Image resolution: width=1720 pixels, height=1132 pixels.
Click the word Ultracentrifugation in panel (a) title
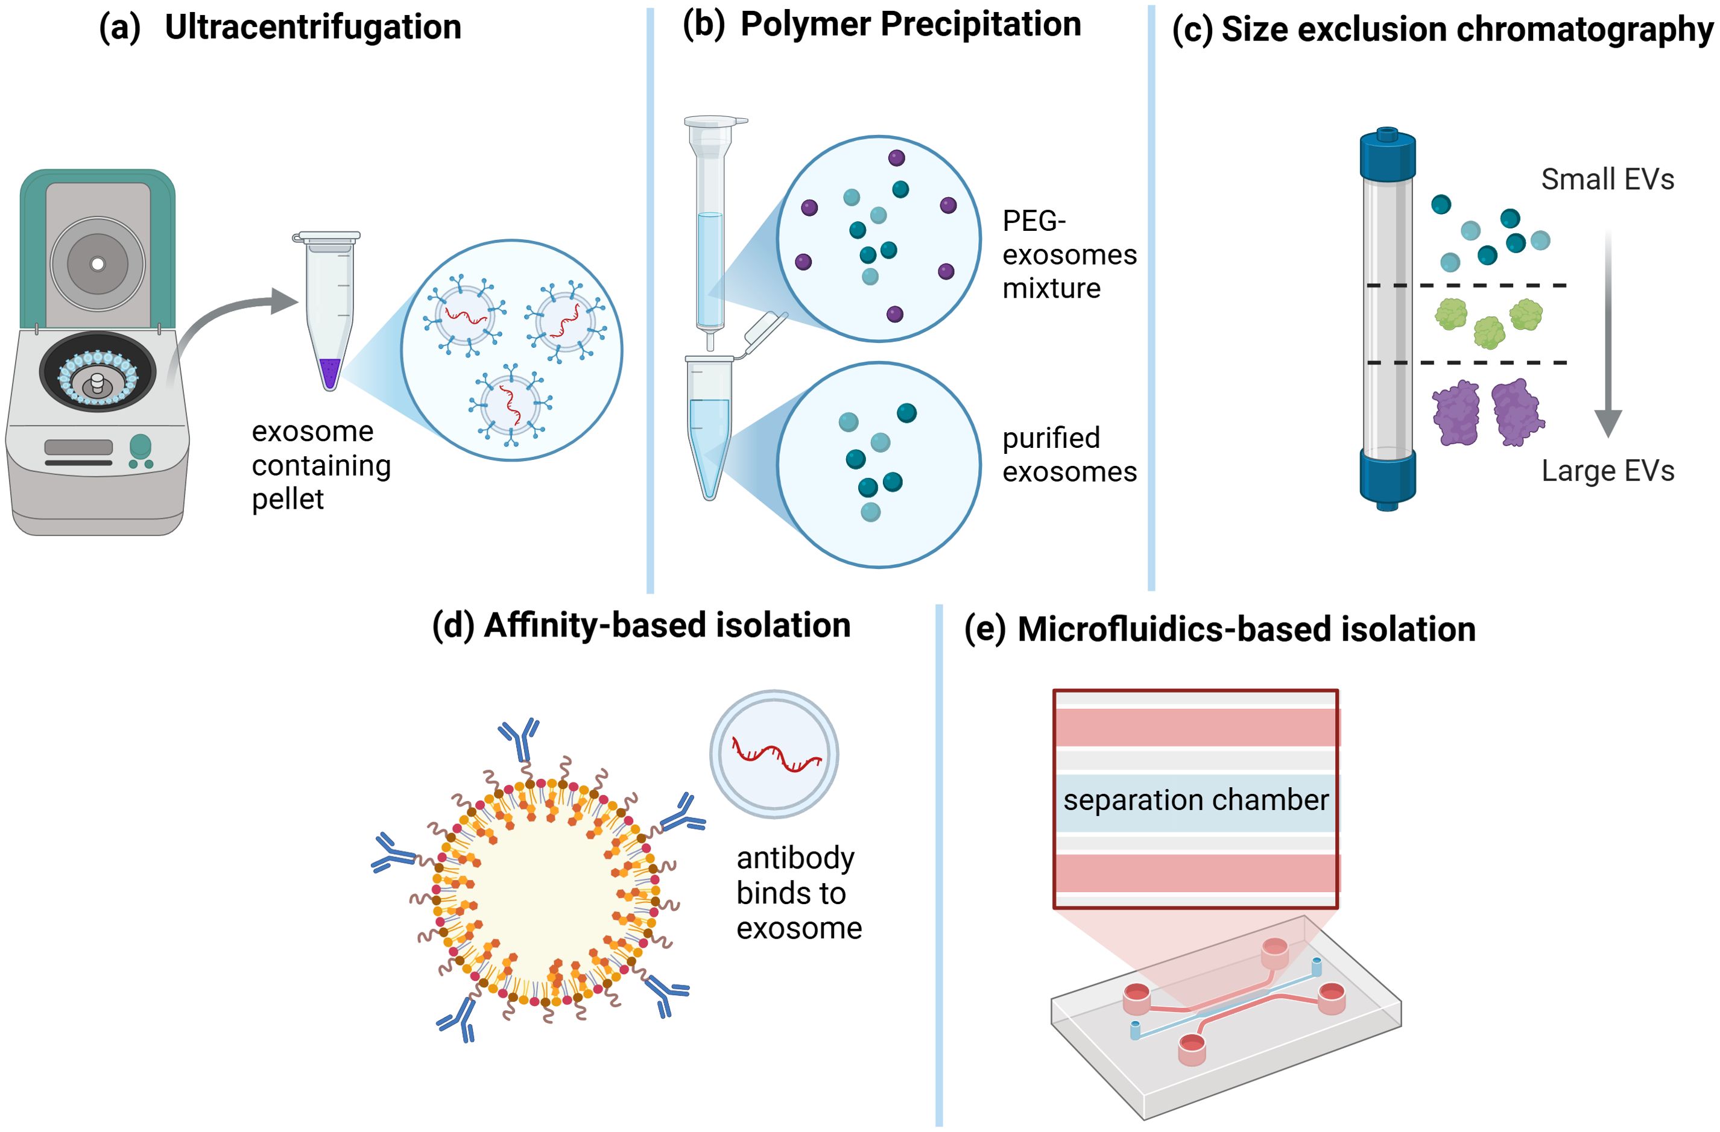[x=313, y=28]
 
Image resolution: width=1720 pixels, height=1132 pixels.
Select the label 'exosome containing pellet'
[x=320, y=465]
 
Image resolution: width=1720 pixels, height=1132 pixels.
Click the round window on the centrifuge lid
[x=98, y=263]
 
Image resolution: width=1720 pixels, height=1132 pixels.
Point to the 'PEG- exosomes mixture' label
[x=1068, y=254]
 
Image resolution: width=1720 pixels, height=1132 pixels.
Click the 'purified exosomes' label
[x=1068, y=454]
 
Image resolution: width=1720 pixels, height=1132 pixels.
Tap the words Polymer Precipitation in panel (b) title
[x=911, y=25]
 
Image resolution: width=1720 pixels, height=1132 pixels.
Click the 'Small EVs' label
[x=1607, y=179]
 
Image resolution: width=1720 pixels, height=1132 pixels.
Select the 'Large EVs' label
[x=1607, y=471]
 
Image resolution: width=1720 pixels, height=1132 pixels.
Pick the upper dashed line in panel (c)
[x=1467, y=285]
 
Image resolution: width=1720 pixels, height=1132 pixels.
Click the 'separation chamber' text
[x=1195, y=800]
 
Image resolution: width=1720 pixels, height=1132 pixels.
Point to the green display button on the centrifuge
[x=140, y=445]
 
